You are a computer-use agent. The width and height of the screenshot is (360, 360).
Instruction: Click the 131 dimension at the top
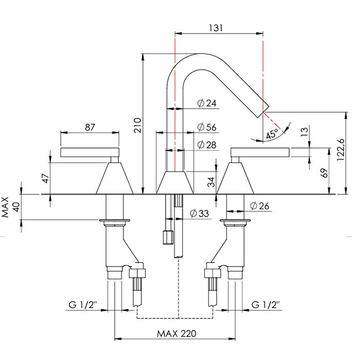point(217,28)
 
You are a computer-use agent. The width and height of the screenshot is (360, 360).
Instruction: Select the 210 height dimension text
point(137,124)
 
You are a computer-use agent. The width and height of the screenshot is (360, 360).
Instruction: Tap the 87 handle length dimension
point(90,128)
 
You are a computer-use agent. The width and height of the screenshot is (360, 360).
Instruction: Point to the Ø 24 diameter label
point(207,103)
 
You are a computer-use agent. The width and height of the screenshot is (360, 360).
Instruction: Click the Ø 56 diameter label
point(207,128)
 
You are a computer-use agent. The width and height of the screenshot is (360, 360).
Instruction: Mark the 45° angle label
point(273,135)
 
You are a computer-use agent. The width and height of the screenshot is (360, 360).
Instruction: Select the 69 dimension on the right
point(323,173)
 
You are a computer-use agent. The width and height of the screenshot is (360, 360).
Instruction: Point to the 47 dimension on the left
point(46,178)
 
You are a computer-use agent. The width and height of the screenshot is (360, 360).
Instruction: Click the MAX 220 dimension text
point(176,333)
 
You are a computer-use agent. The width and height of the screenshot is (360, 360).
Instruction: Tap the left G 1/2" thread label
point(83,304)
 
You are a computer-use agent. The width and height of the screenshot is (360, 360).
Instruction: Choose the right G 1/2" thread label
point(266,304)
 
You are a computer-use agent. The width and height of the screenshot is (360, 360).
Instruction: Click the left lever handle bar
point(90,152)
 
